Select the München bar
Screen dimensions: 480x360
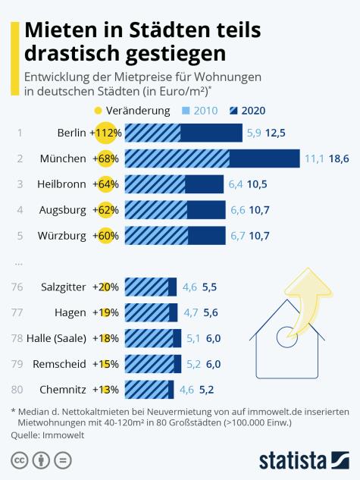[x=211, y=158]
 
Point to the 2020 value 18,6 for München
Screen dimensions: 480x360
[x=338, y=158]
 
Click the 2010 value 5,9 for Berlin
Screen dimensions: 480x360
[x=255, y=133]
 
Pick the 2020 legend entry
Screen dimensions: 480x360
[x=249, y=111]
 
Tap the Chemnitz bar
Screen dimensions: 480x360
[x=149, y=390]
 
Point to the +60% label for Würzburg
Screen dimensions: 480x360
[x=105, y=236]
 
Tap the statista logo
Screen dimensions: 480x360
[x=303, y=460]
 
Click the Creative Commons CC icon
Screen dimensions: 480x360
[x=19, y=460]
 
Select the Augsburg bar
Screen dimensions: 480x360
[x=174, y=210]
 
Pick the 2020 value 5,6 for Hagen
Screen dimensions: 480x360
[x=211, y=312]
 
